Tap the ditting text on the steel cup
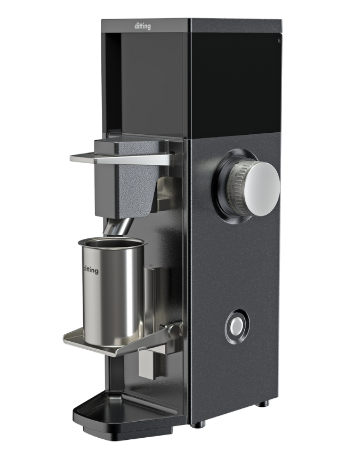pyautogui.click(x=91, y=270)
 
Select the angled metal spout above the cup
pyautogui.click(x=118, y=227)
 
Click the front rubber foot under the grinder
pyautogui.click(x=197, y=424)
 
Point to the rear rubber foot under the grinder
pyautogui.click(x=262, y=404)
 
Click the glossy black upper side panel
pyautogui.click(x=235, y=80)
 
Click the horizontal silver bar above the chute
pyautogui.click(x=123, y=158)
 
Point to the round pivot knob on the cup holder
pyautogui.click(x=173, y=331)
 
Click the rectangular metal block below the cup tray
pyautogui.click(x=146, y=365)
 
